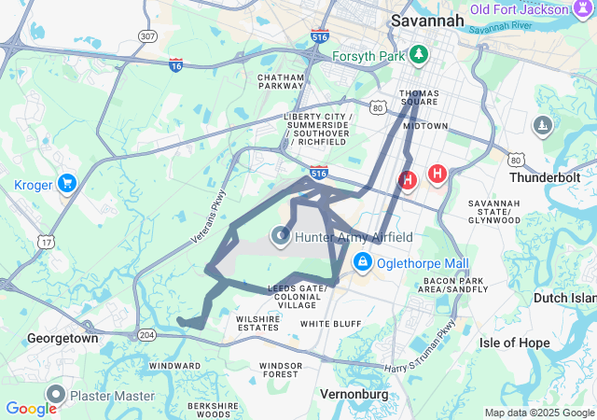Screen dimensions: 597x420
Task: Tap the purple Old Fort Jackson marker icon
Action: click(x=582, y=9)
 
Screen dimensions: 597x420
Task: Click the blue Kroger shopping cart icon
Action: click(x=66, y=183)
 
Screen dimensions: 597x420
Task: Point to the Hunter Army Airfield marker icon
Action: click(x=281, y=237)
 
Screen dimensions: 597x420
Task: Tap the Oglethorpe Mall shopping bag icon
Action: click(x=362, y=264)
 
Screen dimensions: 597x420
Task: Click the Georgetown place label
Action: click(x=62, y=338)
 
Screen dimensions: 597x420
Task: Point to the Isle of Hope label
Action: click(x=515, y=343)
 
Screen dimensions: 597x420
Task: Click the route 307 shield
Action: click(x=146, y=35)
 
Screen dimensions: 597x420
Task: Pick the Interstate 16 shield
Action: click(x=176, y=64)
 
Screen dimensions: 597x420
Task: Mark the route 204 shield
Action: click(x=146, y=334)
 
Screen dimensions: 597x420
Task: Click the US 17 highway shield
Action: click(x=45, y=242)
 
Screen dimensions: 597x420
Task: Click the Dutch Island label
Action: click(x=562, y=298)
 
